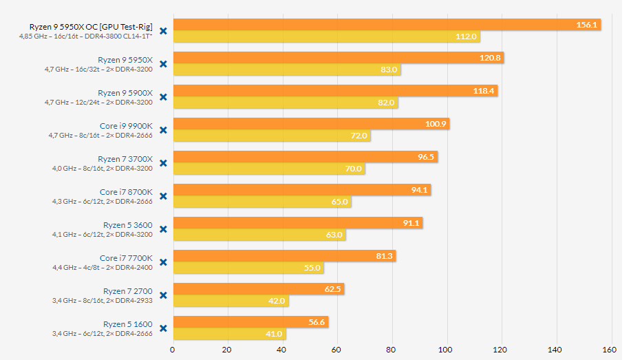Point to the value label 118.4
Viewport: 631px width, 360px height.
tap(485, 91)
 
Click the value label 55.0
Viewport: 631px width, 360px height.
tap(312, 268)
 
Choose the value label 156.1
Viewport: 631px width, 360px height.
tap(588, 25)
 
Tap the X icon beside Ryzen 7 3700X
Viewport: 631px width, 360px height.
tap(164, 163)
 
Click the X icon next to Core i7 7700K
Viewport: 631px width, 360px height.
tap(164, 262)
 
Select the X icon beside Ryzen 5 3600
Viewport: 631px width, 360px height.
tap(164, 229)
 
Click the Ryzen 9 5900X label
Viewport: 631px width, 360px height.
tap(125, 93)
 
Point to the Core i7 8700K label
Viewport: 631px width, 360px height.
tap(126, 192)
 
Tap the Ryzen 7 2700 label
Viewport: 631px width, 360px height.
tap(127, 291)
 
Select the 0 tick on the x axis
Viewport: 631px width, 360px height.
tap(173, 349)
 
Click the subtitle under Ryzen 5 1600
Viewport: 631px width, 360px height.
tap(103, 334)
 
